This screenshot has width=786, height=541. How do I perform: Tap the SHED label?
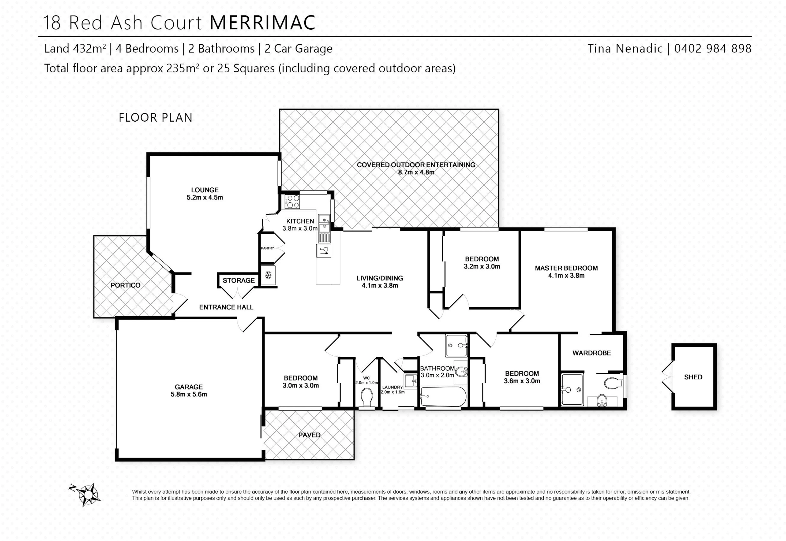coord(693,377)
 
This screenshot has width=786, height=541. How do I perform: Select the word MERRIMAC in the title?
coord(263,23)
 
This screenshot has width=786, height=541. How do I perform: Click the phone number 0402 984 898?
coord(713,49)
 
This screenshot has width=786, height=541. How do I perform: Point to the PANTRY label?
coord(267,248)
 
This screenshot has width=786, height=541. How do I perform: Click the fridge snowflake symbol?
coord(268,275)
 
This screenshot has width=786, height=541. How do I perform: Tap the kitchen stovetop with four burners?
coord(293,202)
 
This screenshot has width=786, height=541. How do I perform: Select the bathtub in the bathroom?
coord(443,397)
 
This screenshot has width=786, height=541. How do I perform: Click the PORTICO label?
coord(125,285)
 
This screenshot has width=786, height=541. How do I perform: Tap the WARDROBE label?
coord(592,353)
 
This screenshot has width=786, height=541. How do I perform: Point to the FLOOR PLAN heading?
coord(155,118)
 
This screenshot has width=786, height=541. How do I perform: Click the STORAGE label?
coord(239,280)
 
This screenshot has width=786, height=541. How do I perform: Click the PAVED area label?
coord(309,435)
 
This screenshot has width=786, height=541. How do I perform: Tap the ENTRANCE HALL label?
coord(226,307)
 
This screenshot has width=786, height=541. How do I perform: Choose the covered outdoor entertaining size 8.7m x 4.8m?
coord(416,172)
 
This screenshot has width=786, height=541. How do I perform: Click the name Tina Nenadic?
coord(625,49)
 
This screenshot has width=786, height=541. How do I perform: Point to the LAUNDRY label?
coord(392,387)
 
